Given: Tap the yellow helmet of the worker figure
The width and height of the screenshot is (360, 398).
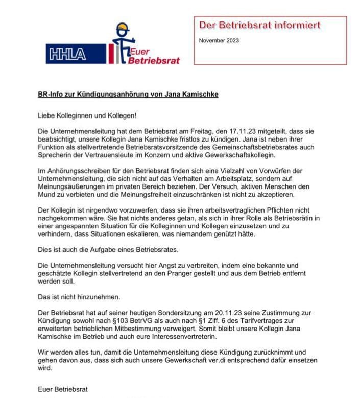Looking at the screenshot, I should click(123, 28).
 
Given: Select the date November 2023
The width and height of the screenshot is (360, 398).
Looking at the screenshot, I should click(219, 41).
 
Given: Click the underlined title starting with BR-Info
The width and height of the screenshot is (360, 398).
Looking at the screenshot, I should click(128, 95).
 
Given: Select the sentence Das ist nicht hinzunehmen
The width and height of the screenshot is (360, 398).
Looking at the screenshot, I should click(80, 297).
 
